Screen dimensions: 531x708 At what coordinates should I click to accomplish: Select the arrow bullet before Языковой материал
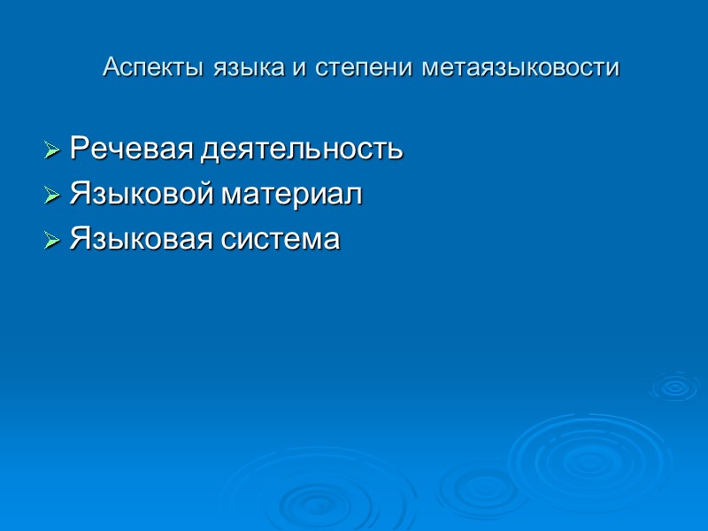[52, 194]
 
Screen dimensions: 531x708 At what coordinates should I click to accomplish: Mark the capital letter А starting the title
[111, 67]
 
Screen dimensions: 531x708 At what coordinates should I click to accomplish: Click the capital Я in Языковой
[78, 194]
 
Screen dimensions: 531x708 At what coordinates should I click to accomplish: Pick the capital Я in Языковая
[78, 239]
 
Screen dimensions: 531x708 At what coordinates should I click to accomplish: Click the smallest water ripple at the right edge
[674, 386]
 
